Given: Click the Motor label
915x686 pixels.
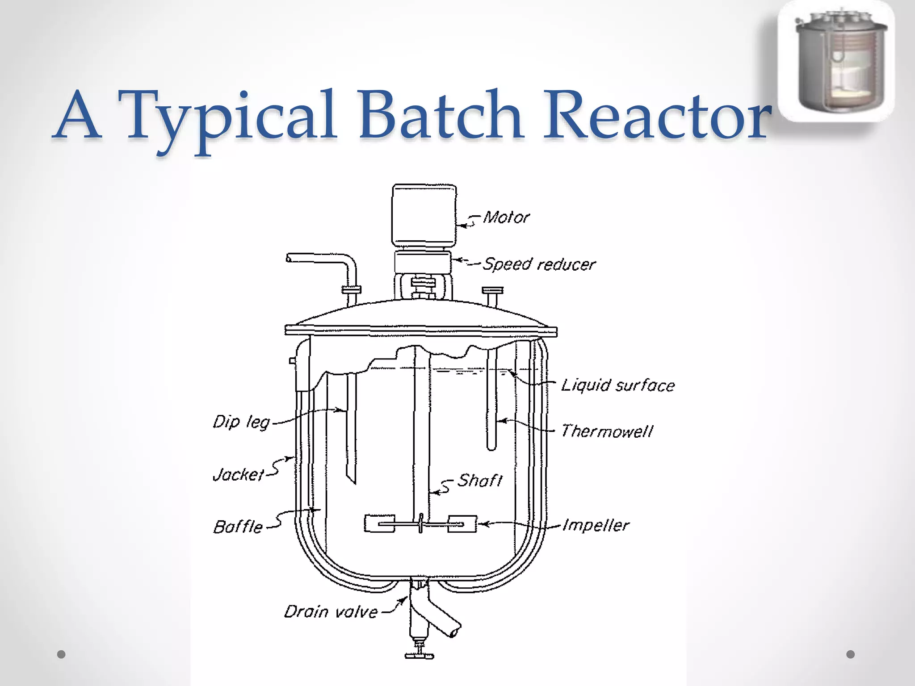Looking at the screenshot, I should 506,218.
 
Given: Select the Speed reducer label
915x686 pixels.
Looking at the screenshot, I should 539,264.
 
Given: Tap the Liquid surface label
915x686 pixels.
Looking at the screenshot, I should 618,385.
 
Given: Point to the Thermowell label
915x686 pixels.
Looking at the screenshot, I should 607,431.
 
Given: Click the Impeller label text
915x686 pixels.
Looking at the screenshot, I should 596,525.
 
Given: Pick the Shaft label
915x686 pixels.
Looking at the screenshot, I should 480,481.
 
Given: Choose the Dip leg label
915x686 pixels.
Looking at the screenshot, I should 241,422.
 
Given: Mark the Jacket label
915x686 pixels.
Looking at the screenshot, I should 239,474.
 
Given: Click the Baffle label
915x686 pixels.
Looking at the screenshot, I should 238,527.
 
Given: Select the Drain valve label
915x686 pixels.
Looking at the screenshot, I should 331,611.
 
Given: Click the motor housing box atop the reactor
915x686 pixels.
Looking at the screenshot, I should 424,215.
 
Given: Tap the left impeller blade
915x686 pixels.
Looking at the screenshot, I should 379,523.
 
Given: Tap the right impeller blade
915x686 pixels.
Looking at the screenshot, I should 462,523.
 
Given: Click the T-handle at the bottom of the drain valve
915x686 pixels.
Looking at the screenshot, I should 419,656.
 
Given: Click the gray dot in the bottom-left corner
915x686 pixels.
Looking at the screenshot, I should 62,654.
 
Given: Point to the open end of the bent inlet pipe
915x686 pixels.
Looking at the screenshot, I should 289,258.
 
